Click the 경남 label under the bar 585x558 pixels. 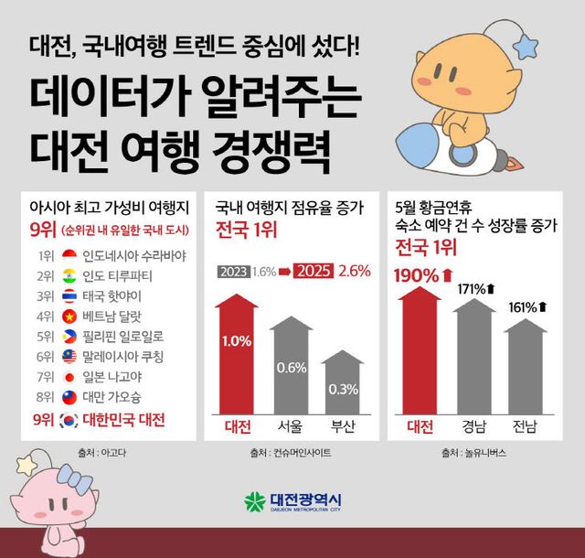tap(474, 426)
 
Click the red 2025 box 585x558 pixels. tap(313, 272)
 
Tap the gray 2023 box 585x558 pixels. tap(233, 272)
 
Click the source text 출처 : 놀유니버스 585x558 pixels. tap(472, 452)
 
